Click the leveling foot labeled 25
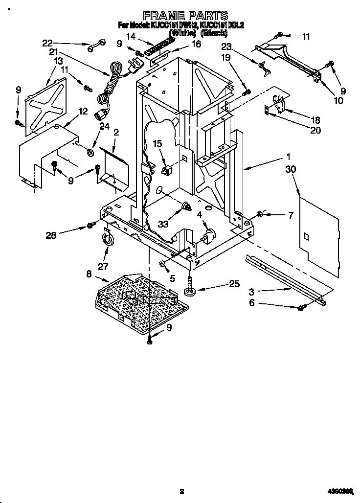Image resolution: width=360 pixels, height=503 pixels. coord(188,289)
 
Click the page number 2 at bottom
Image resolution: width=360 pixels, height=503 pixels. coord(181,491)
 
